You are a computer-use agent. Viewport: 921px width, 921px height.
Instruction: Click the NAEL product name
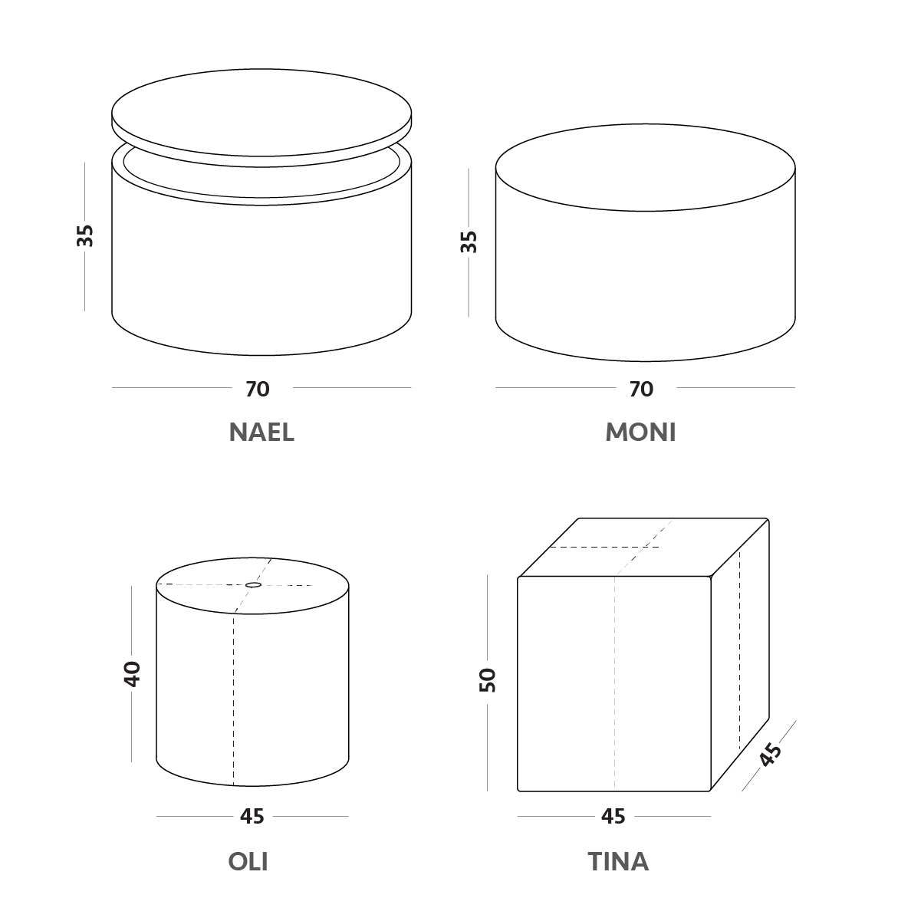[261, 432]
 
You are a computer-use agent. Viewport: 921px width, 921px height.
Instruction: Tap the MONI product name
[640, 432]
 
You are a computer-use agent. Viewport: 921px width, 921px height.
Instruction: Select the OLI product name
[248, 861]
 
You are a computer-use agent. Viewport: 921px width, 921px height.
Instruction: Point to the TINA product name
[618, 861]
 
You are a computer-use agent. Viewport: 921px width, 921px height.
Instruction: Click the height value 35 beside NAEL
[85, 235]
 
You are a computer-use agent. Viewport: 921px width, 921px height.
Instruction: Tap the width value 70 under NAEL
[258, 389]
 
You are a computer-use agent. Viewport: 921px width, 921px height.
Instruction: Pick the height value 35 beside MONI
[469, 242]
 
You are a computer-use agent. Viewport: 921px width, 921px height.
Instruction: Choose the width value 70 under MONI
[641, 389]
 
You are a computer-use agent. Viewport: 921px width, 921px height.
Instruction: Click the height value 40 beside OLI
[132, 674]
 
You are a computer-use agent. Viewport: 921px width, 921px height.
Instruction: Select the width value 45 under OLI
[252, 817]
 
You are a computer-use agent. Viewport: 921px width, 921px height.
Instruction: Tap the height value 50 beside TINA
[488, 680]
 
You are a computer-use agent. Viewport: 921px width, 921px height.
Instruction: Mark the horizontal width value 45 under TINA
[613, 817]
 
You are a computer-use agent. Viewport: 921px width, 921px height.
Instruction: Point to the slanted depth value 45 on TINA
[770, 755]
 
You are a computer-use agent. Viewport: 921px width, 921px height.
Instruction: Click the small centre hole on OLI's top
[253, 584]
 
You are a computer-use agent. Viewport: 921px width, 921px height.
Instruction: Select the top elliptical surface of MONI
[645, 168]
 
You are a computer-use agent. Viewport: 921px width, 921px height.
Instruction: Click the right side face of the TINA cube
[740, 654]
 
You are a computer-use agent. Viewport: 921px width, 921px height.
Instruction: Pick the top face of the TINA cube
[644, 548]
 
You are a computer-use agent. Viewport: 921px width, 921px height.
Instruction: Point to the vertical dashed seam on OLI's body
[234, 699]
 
